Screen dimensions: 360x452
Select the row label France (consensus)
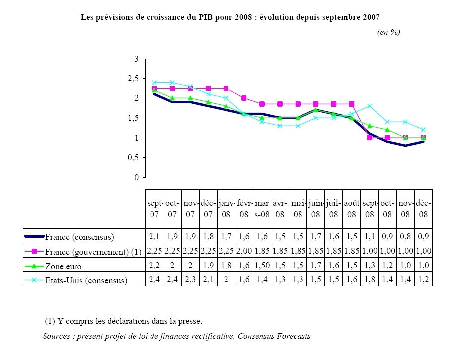pos(79,237)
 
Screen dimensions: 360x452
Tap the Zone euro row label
pos(63,266)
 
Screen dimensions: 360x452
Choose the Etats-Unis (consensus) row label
pos(86,280)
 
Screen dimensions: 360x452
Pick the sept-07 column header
pos(154,209)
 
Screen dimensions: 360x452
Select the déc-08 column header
pos(423,209)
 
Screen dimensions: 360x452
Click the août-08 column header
pos(351,209)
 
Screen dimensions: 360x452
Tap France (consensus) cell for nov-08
pos(405,237)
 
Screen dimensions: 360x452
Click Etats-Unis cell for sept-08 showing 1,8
pos(370,280)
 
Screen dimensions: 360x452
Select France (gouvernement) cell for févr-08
pos(244,251)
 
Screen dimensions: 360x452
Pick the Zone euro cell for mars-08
pos(262,266)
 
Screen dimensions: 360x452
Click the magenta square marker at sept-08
pos(370,137)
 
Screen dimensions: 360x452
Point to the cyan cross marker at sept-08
pos(370,106)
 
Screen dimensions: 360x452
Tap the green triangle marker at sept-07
pos(154,90)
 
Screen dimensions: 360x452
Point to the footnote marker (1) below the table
pos(50,321)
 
